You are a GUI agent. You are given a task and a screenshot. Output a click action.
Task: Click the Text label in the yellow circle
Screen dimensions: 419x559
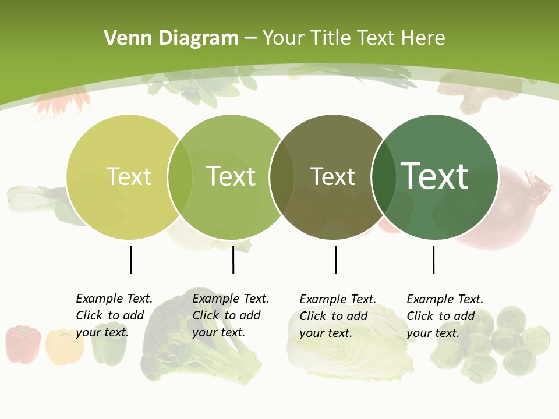[129, 176]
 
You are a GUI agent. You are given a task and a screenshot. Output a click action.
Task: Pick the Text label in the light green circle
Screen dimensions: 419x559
[231, 176]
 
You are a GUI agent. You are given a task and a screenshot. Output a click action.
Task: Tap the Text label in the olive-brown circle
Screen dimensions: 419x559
[332, 176]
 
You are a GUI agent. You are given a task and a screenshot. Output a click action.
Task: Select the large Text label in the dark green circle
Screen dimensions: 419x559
[434, 176]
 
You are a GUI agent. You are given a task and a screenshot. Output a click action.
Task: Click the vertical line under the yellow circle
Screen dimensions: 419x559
[130, 260]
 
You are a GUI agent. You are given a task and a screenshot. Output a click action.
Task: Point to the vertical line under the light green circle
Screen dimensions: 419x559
[233, 260]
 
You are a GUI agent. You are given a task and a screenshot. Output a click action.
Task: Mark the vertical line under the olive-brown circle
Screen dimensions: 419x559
[335, 260]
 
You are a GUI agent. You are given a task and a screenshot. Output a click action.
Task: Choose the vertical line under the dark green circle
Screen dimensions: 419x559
[433, 260]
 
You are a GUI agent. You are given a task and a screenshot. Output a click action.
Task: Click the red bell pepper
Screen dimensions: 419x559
[23, 344]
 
